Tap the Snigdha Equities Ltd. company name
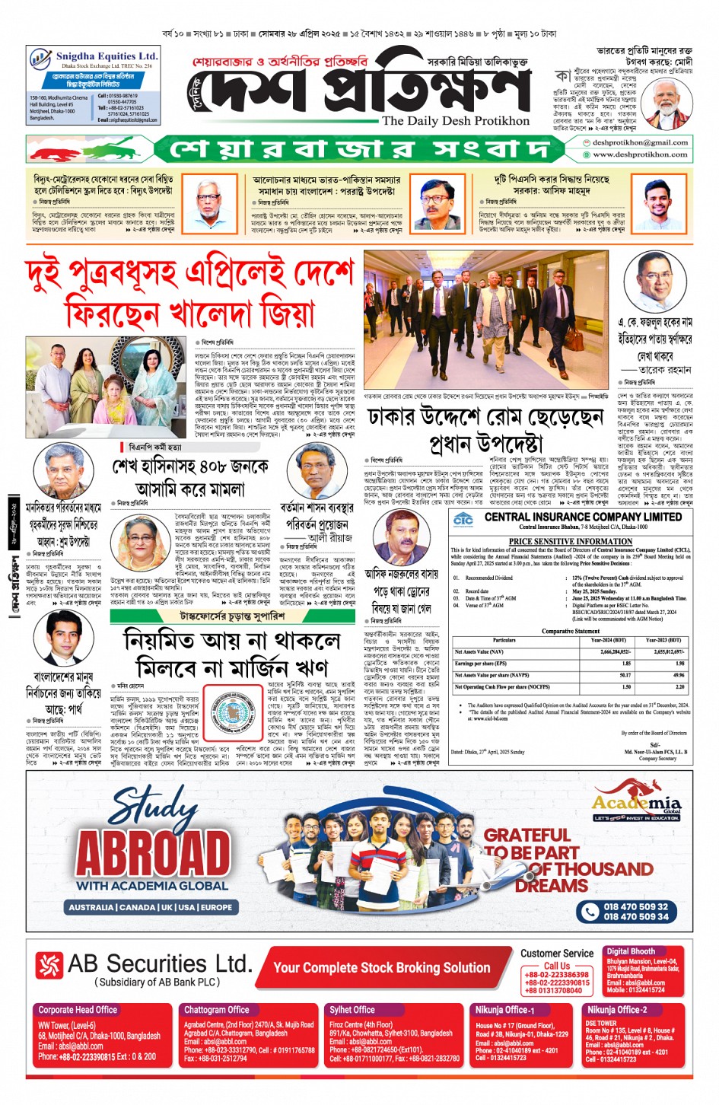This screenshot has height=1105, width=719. coord(107,56)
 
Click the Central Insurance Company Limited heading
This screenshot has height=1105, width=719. coord(583,517)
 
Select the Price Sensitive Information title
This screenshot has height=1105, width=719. coord(571,541)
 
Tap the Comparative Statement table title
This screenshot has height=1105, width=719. coord(570,631)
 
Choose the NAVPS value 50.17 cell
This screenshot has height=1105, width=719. coord(625,675)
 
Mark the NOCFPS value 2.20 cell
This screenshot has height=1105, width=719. coord(679,686)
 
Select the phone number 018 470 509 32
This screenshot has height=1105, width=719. coord(635,906)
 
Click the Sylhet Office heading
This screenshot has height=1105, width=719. coord(352,1010)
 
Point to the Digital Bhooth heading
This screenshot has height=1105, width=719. coord(631,951)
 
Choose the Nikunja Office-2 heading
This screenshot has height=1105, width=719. coord(616,1010)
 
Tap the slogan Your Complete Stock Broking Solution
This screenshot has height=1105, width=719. coord(381,968)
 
